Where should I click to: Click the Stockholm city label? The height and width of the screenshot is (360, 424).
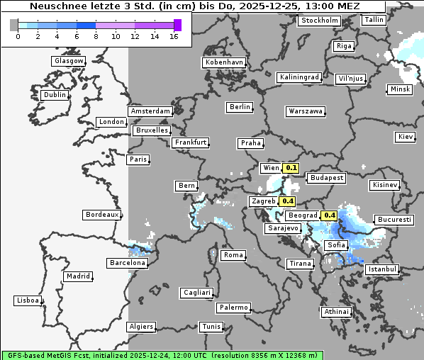[320, 21]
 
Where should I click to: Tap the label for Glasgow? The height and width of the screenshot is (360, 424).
[68, 61]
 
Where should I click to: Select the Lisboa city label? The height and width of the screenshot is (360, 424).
[27, 300]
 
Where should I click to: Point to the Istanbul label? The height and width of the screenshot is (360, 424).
[382, 270]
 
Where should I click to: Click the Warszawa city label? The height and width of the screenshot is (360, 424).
[306, 111]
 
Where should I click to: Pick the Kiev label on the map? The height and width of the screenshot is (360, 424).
[406, 136]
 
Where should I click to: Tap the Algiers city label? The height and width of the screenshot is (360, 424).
[140, 327]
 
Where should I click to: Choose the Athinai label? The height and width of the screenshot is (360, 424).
[336, 312]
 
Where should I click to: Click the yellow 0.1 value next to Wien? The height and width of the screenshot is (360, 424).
[291, 168]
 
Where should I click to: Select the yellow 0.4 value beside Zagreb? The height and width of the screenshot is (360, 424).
[287, 201]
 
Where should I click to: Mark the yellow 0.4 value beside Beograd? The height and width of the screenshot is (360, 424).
[329, 215]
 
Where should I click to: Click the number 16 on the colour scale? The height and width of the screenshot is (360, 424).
[174, 36]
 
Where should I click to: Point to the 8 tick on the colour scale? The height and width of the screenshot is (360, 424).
[96, 36]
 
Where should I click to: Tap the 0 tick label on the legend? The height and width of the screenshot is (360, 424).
[18, 36]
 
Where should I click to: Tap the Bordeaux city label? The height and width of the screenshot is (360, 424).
[101, 215]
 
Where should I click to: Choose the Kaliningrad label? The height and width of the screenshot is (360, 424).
[299, 77]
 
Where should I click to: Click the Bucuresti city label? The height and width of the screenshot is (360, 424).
[394, 220]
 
